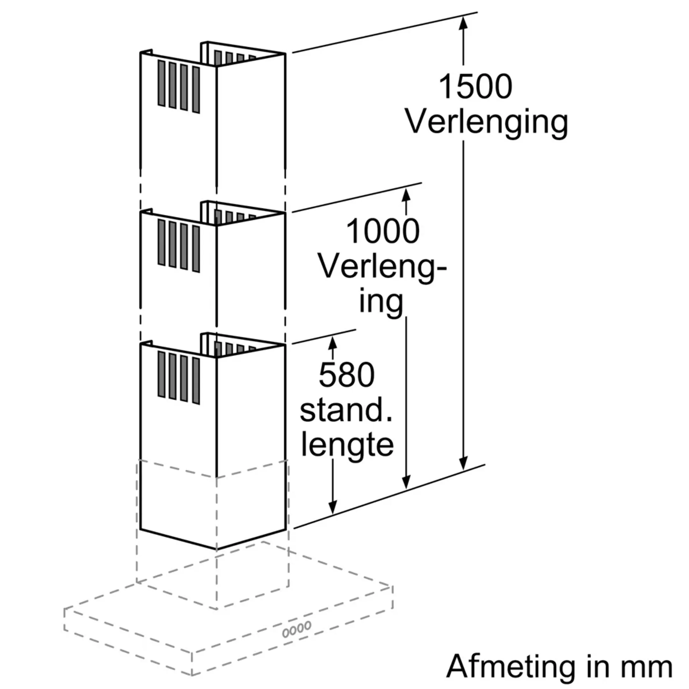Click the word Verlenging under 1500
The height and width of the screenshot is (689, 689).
[x=486, y=122]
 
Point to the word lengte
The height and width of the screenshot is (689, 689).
[x=347, y=444]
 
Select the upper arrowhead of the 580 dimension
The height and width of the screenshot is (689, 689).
[x=332, y=343]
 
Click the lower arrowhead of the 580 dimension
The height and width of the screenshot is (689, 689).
[x=332, y=507]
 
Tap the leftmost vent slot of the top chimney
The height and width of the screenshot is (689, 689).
[x=161, y=83]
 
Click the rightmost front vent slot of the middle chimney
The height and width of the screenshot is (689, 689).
[x=196, y=248]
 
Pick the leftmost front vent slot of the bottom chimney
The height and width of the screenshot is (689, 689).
[x=161, y=374]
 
